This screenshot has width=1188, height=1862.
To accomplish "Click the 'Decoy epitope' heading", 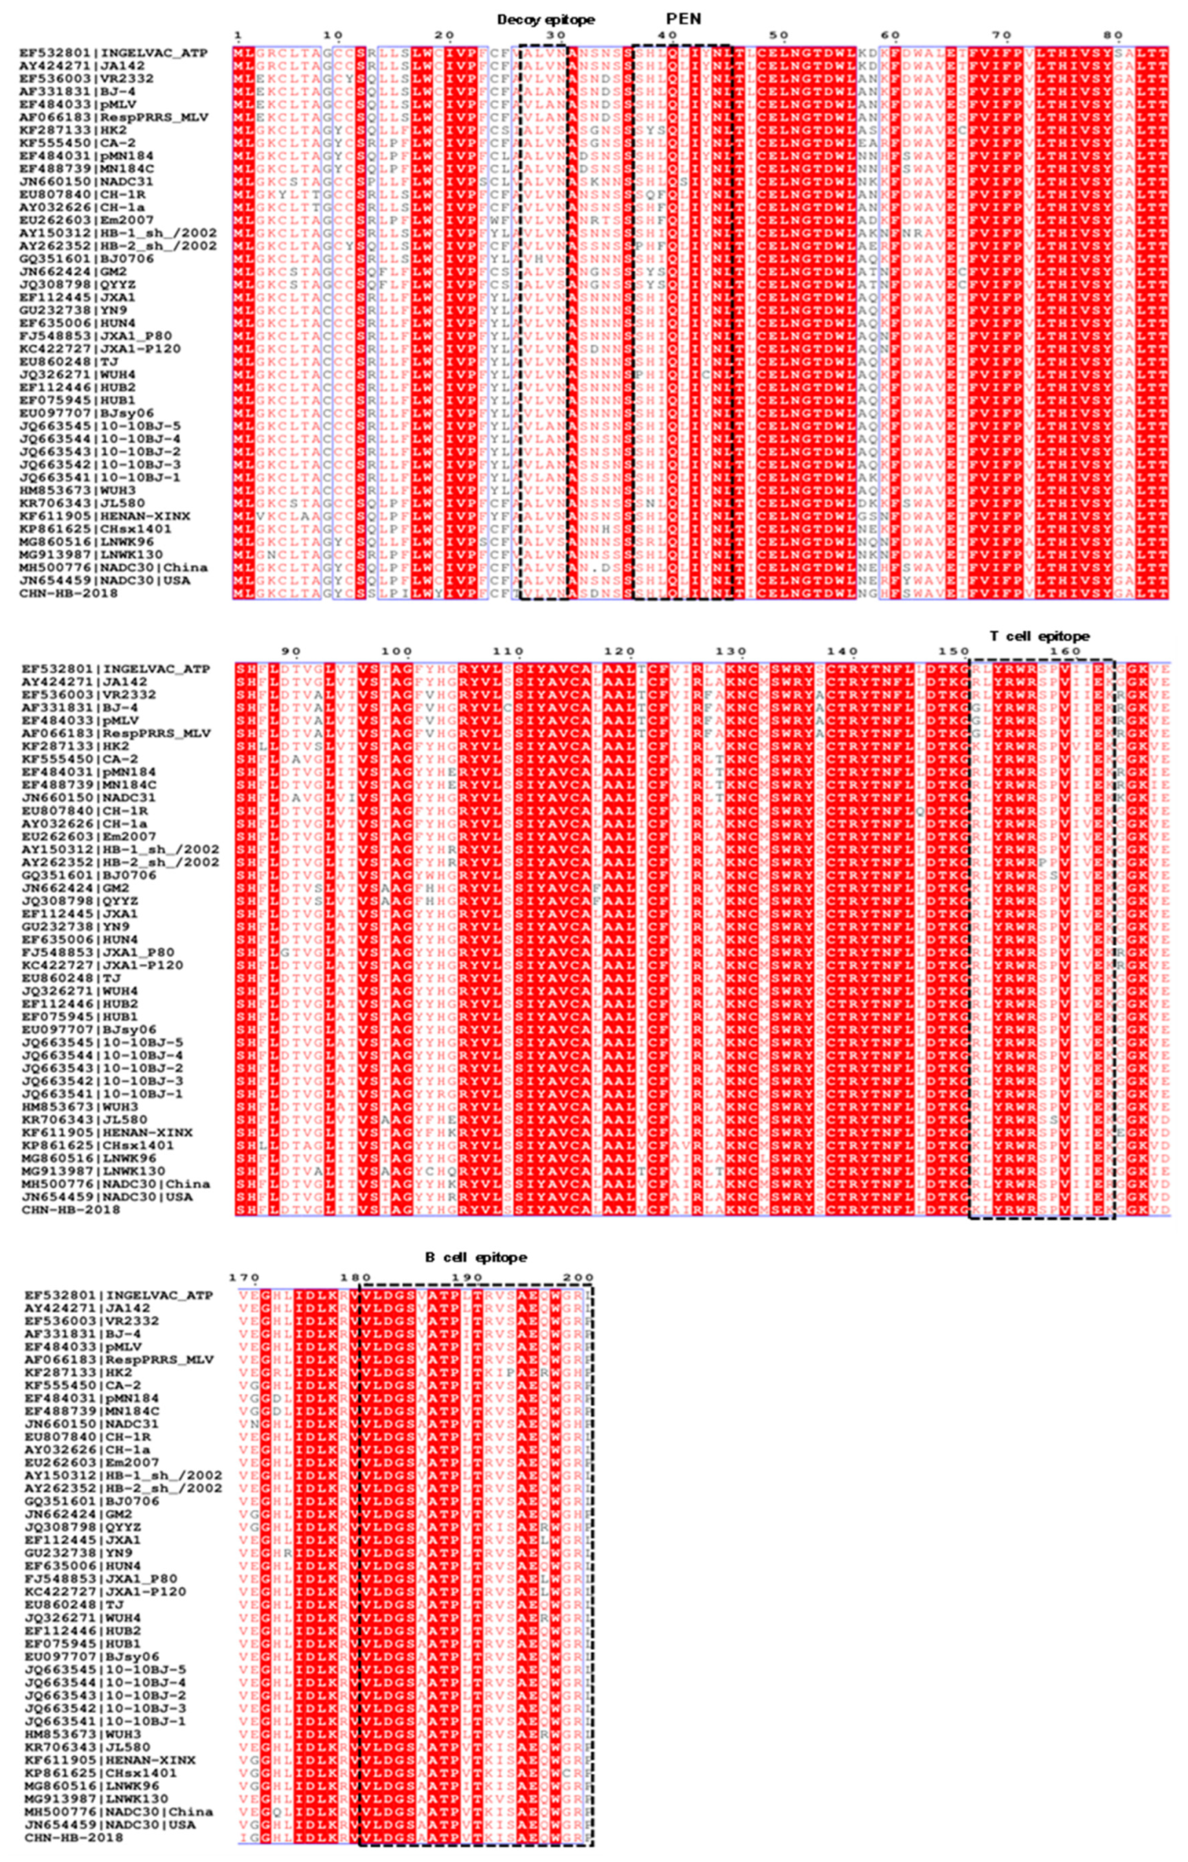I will pyautogui.click(x=546, y=19).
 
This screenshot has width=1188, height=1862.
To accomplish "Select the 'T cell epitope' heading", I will pyautogui.click(x=1040, y=636).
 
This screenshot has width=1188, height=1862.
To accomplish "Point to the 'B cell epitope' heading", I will pyautogui.click(x=476, y=1258).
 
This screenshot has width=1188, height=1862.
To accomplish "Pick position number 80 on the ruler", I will pyautogui.click(x=1113, y=36).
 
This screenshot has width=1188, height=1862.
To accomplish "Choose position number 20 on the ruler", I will pyautogui.click(x=445, y=36).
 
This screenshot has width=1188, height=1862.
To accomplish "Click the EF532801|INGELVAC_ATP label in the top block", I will pyautogui.click(x=115, y=53).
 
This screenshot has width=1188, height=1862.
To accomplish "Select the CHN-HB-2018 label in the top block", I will pyautogui.click(x=69, y=593).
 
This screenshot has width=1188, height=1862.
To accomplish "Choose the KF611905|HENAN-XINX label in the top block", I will pyautogui.click(x=105, y=516).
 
